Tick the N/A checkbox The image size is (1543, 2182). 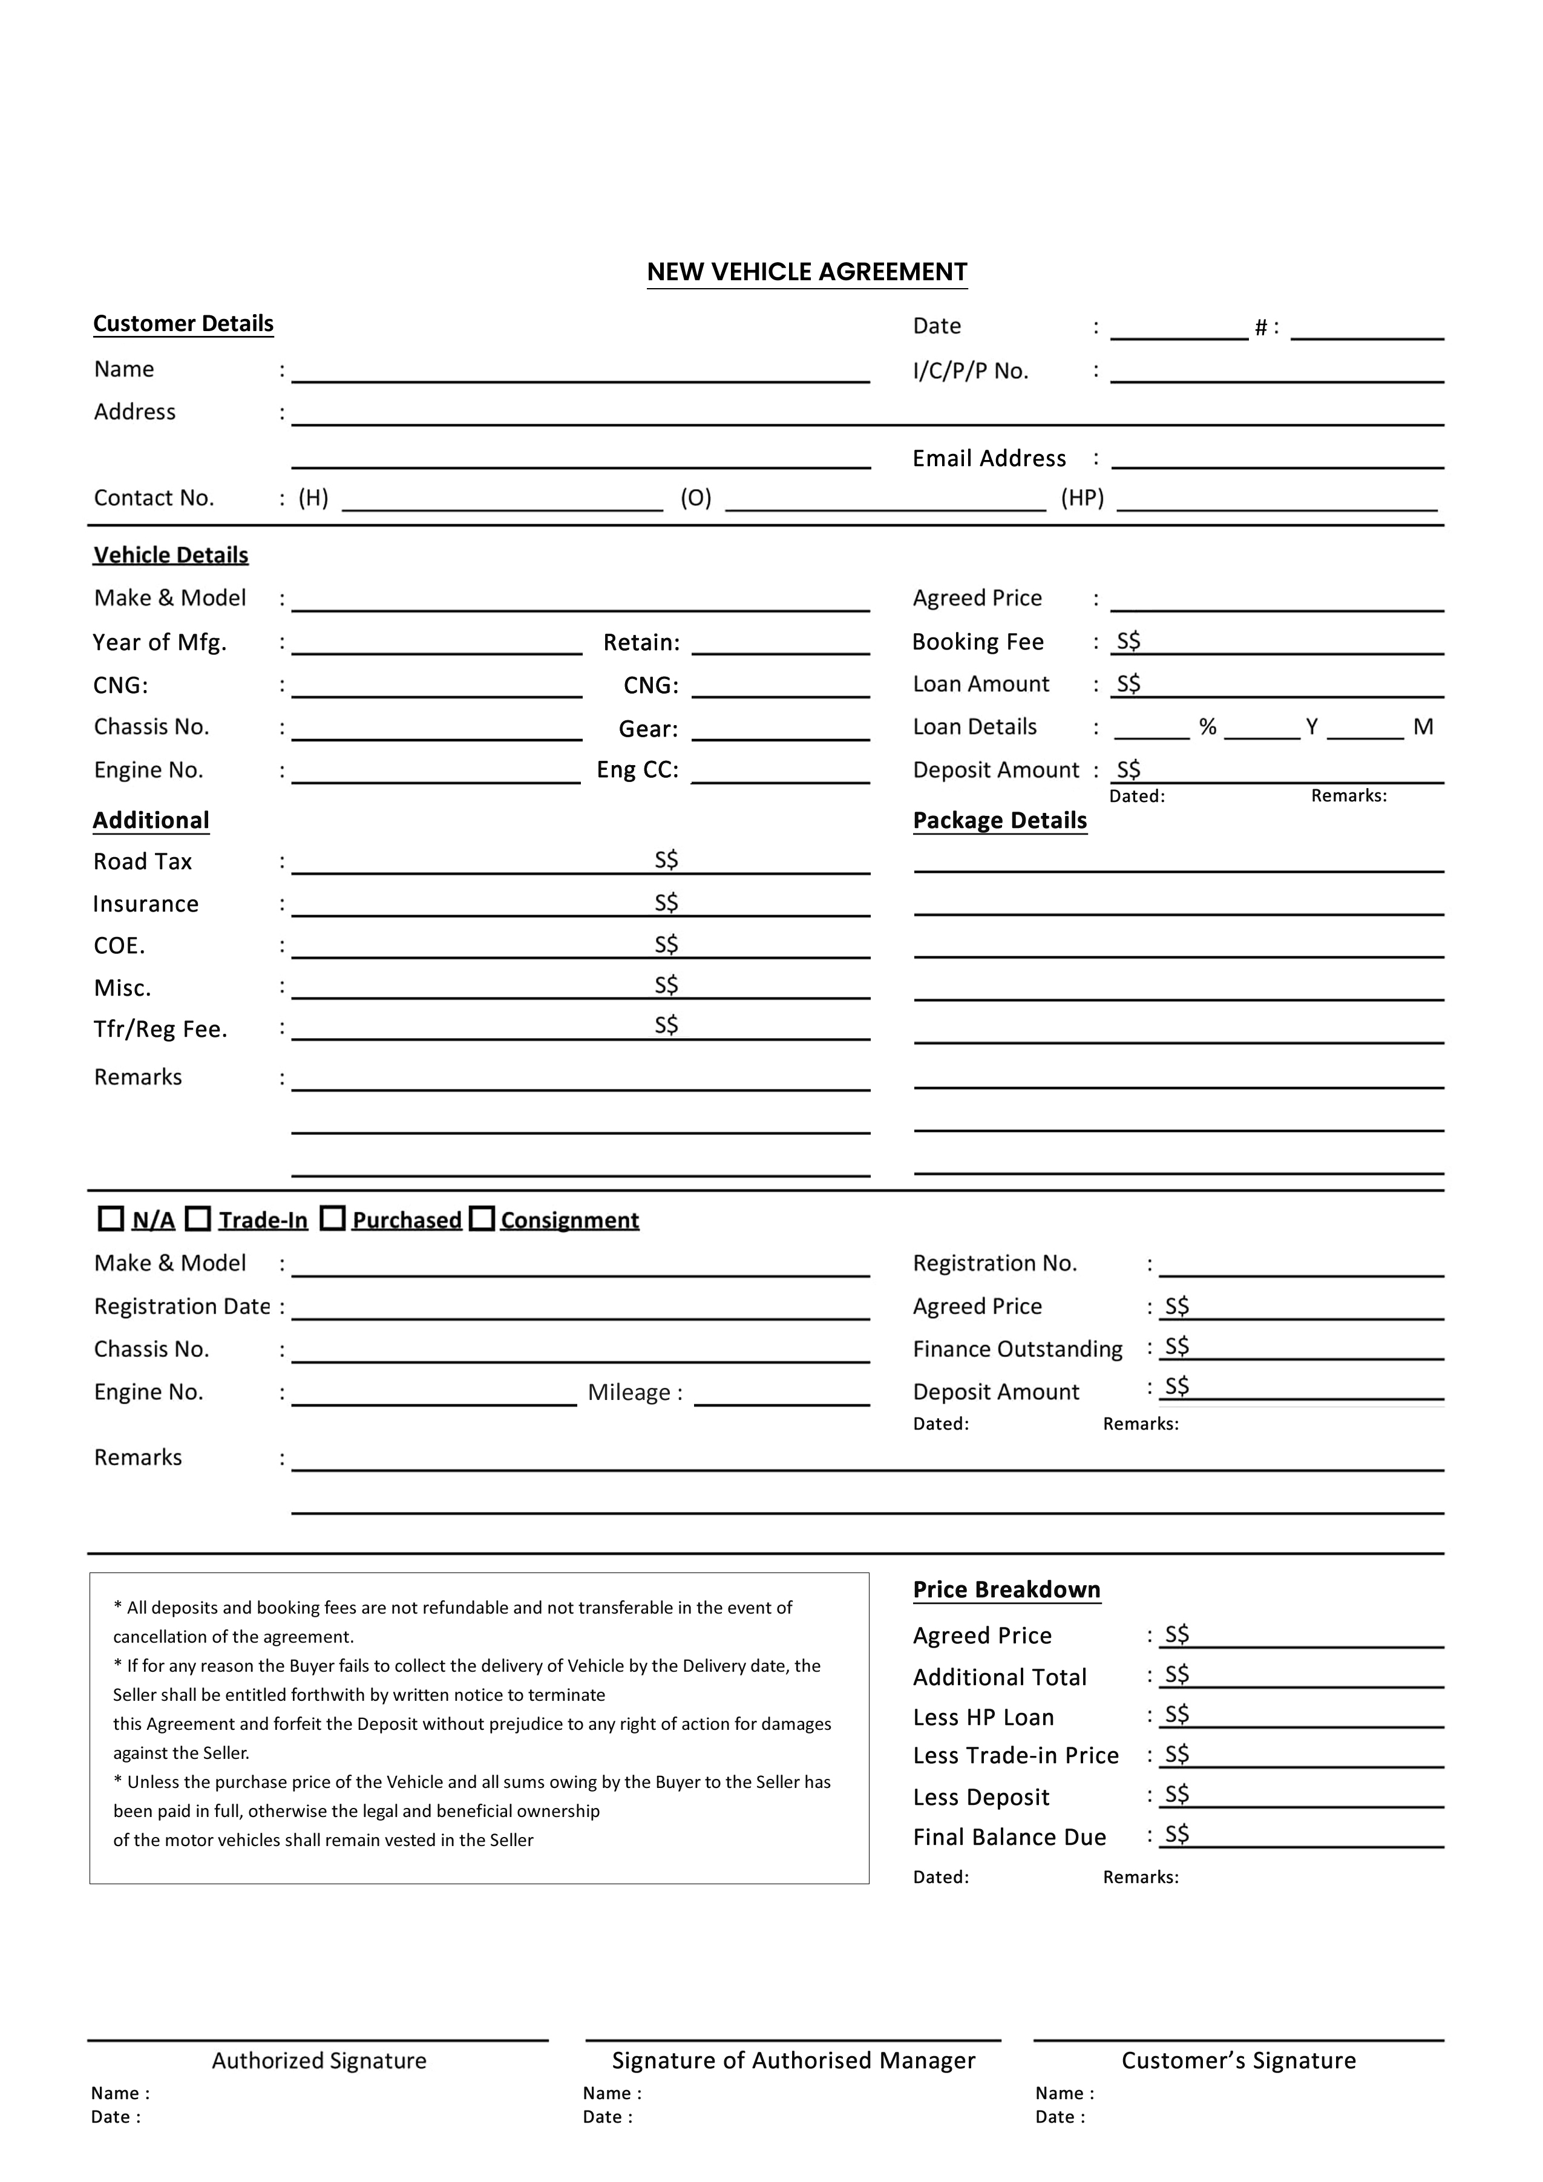[x=111, y=1218]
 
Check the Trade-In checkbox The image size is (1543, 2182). [x=198, y=1218]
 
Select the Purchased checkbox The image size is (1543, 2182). [x=333, y=1218]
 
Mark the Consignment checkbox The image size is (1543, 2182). [x=483, y=1218]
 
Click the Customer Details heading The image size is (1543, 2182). [x=183, y=324]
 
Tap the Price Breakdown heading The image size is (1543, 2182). [x=1006, y=1590]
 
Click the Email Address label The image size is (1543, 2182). [x=989, y=459]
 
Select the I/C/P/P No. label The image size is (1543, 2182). [x=970, y=372]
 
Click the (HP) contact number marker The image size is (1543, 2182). [x=1082, y=498]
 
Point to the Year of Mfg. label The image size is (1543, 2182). [x=160, y=643]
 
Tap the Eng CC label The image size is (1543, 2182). [x=638, y=770]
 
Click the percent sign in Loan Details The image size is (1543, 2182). [x=1208, y=727]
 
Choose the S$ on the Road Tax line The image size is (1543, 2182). [x=666, y=860]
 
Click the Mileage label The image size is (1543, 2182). [x=635, y=1392]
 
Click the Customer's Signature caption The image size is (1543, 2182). [x=1238, y=2060]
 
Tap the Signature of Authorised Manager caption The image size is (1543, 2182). [x=793, y=2060]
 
